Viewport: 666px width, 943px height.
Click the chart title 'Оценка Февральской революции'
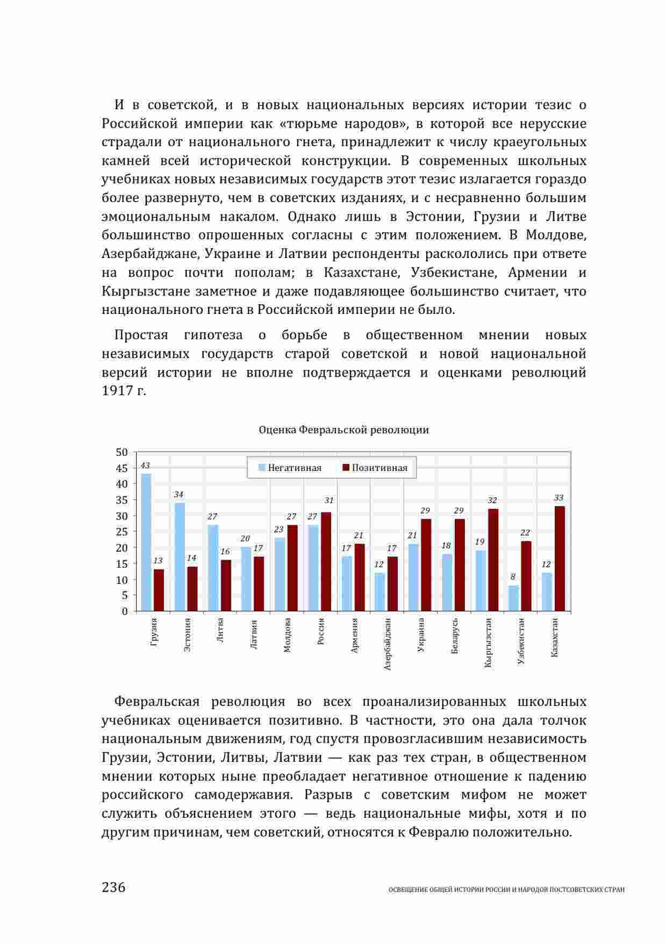click(x=343, y=430)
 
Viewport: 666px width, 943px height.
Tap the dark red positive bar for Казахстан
click(x=560, y=559)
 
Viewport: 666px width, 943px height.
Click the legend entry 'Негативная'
click(x=290, y=468)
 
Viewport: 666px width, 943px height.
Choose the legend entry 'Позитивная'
click(x=375, y=468)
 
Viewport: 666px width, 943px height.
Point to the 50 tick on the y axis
click(x=122, y=453)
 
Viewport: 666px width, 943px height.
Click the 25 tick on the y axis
click(x=122, y=532)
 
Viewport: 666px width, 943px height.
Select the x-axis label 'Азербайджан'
click(x=388, y=644)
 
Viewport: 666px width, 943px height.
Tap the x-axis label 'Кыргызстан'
click(x=488, y=643)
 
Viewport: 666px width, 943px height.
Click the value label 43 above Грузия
click(x=145, y=466)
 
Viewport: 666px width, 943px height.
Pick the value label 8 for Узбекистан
click(x=513, y=577)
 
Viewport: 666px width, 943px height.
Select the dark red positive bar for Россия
click(x=326, y=562)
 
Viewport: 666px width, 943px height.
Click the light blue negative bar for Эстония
click(x=179, y=556)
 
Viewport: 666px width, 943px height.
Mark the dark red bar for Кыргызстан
click(x=493, y=560)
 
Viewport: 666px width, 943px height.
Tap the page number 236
click(x=113, y=887)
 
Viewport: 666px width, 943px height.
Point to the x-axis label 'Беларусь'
click(x=455, y=636)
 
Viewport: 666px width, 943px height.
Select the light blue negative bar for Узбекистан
click(x=513, y=598)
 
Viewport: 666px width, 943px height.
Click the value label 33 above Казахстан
click(x=559, y=498)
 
